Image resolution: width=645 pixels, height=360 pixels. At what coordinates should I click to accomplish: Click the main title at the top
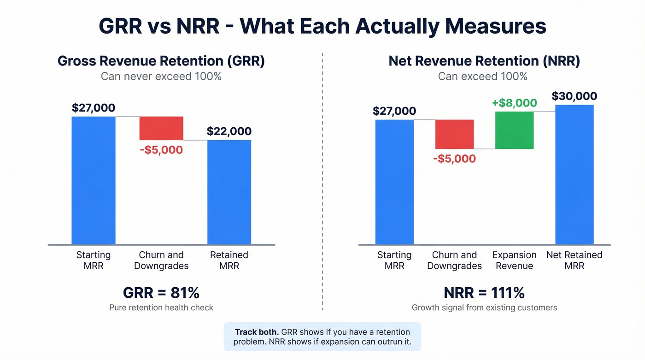(322, 26)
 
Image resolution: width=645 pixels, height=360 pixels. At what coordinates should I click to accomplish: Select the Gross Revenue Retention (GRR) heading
(161, 61)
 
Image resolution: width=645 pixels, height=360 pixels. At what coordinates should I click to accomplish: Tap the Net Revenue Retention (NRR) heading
(484, 61)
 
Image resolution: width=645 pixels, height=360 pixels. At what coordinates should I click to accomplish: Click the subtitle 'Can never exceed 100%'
(161, 76)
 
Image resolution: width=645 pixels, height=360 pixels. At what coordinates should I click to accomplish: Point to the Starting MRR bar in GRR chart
(94, 180)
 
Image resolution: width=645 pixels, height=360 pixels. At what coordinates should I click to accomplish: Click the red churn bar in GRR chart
(161, 128)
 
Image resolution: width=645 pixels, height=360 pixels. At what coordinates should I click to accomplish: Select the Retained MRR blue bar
(229, 192)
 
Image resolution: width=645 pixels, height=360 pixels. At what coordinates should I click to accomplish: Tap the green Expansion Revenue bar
(514, 130)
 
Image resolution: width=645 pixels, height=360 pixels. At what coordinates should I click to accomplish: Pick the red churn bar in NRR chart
(454, 134)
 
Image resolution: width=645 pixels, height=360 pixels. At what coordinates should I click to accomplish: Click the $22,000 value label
(229, 131)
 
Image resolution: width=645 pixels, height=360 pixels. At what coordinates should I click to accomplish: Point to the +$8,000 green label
(514, 103)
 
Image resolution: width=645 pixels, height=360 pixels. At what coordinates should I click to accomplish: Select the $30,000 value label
(574, 96)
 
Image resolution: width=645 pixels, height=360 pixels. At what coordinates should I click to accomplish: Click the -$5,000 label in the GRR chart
(161, 150)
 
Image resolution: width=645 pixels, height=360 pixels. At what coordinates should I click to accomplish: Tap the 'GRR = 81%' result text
(161, 293)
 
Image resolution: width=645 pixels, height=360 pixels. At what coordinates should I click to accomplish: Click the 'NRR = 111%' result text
(484, 293)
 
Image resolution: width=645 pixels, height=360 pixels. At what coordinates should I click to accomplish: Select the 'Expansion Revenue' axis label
(514, 260)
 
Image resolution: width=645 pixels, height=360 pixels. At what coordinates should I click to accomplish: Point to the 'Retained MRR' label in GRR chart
(229, 260)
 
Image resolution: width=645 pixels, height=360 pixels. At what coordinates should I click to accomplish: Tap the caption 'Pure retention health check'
(161, 307)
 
